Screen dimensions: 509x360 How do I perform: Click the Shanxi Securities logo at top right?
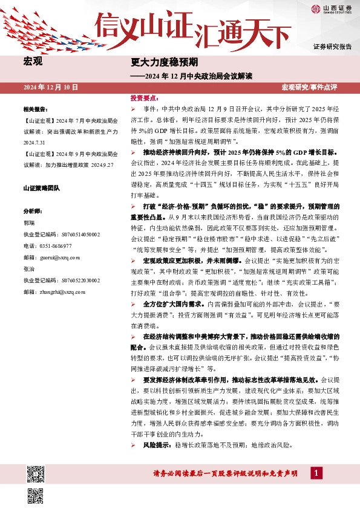pos(331,8)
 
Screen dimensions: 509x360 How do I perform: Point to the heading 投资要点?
pos(145,98)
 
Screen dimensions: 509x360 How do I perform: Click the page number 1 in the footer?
pos(315,473)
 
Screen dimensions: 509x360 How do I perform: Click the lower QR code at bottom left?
pos(35,495)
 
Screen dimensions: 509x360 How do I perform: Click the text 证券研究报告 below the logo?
pos(332,47)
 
